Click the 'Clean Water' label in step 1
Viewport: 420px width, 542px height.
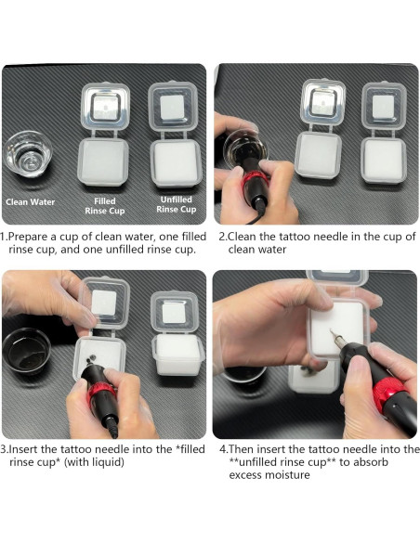tap(31, 202)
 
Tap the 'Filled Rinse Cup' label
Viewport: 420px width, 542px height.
tap(104, 206)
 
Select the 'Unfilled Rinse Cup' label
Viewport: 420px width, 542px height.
tap(177, 204)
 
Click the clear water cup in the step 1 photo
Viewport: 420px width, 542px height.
tap(28, 154)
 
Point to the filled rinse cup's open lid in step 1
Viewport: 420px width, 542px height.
tap(105, 107)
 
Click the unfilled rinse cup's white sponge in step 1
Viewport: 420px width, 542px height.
tap(176, 162)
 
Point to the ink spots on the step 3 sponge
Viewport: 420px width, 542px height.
tap(90, 360)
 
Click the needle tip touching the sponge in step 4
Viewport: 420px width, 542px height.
tap(331, 330)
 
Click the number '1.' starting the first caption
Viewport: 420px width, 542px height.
tap(4, 237)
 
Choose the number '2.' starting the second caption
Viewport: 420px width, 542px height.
tap(224, 237)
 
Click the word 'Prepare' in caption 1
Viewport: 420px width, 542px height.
tap(28, 238)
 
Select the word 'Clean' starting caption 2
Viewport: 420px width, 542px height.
tap(243, 237)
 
